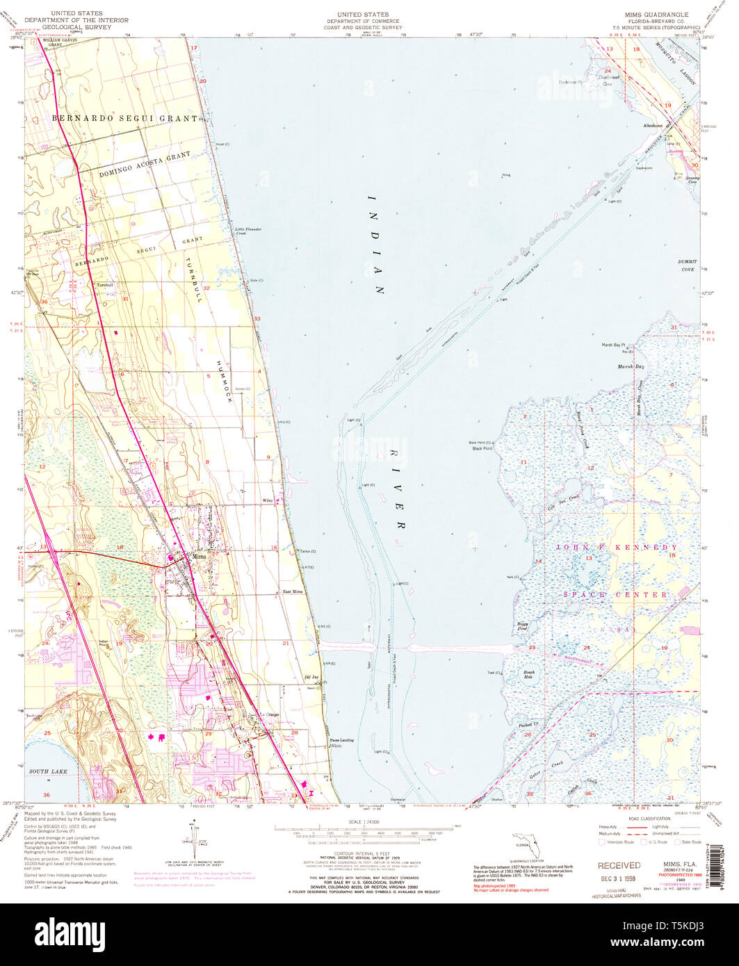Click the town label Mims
click(x=200, y=557)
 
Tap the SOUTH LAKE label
click(x=46, y=771)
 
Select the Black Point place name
click(x=482, y=448)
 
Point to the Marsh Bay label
click(x=631, y=366)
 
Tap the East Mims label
click(x=293, y=591)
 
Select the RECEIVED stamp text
click(x=619, y=865)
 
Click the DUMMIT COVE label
click(x=687, y=265)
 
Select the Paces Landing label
click(x=341, y=740)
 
